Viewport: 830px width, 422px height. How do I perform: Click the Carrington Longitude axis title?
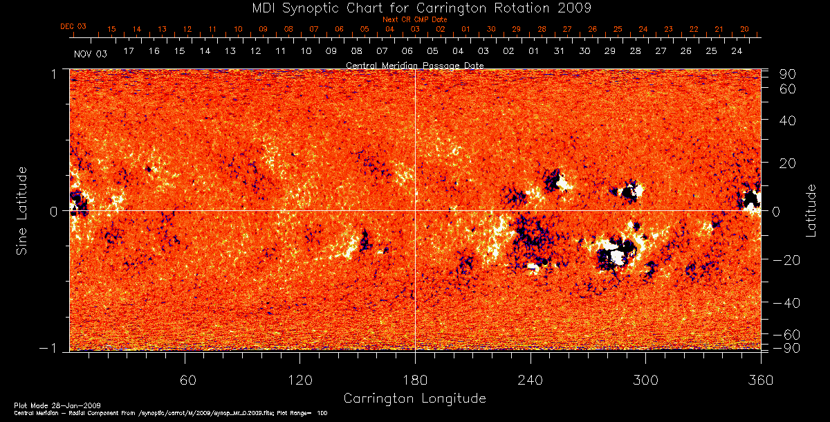(414, 398)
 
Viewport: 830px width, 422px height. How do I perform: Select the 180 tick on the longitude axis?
(414, 380)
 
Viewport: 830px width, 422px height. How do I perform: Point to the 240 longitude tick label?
(530, 380)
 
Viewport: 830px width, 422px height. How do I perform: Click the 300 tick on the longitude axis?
(645, 380)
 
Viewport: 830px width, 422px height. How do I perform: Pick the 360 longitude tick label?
(760, 380)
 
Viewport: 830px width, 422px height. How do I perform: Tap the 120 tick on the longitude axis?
(299, 380)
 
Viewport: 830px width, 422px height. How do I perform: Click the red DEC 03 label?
(73, 26)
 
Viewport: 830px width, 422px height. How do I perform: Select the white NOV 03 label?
(91, 53)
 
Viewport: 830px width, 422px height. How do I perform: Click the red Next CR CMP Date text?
(414, 19)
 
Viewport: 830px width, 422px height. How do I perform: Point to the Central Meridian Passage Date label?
(414, 65)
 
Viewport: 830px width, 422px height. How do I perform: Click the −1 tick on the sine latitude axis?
(55, 349)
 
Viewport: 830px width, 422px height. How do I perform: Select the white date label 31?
(560, 52)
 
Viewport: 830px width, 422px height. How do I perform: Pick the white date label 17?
(129, 52)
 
